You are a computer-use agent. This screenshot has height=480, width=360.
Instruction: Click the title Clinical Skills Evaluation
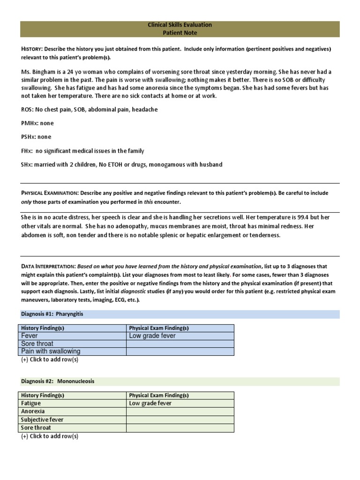pyautogui.click(x=180, y=25)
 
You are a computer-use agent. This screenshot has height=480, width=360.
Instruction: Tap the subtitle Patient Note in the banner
pyautogui.click(x=180, y=33)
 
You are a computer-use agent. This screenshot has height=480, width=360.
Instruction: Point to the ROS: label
pyautogui.click(x=27, y=109)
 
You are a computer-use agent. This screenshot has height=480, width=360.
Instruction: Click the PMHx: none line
pyautogui.click(x=37, y=123)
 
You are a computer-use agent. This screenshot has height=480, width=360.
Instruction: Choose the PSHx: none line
pyautogui.click(x=36, y=137)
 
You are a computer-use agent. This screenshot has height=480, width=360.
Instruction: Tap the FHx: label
pyautogui.click(x=27, y=151)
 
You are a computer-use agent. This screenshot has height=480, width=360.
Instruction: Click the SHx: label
pyautogui.click(x=27, y=165)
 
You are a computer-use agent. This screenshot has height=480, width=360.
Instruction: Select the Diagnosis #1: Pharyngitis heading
pyautogui.click(x=52, y=314)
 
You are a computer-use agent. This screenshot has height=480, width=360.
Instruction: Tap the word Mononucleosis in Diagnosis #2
pyautogui.click(x=75, y=381)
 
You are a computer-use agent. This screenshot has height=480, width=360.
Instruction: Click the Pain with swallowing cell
pyautogui.click(x=51, y=351)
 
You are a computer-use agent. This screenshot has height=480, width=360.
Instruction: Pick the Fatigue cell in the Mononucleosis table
pyautogui.click(x=31, y=403)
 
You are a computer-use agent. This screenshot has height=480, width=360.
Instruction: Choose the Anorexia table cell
pyautogui.click(x=33, y=411)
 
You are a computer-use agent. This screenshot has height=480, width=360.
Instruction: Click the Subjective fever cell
pyautogui.click(x=42, y=420)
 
